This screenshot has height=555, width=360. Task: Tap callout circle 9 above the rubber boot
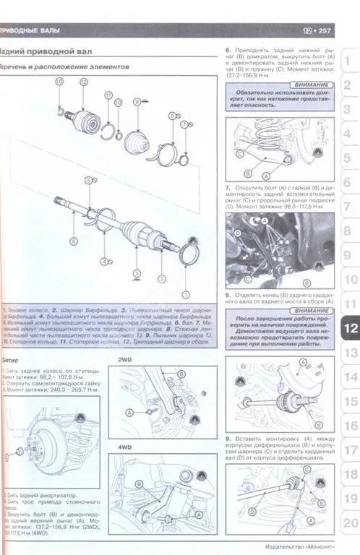136,101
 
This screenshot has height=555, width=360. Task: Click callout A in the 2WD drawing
130,411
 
